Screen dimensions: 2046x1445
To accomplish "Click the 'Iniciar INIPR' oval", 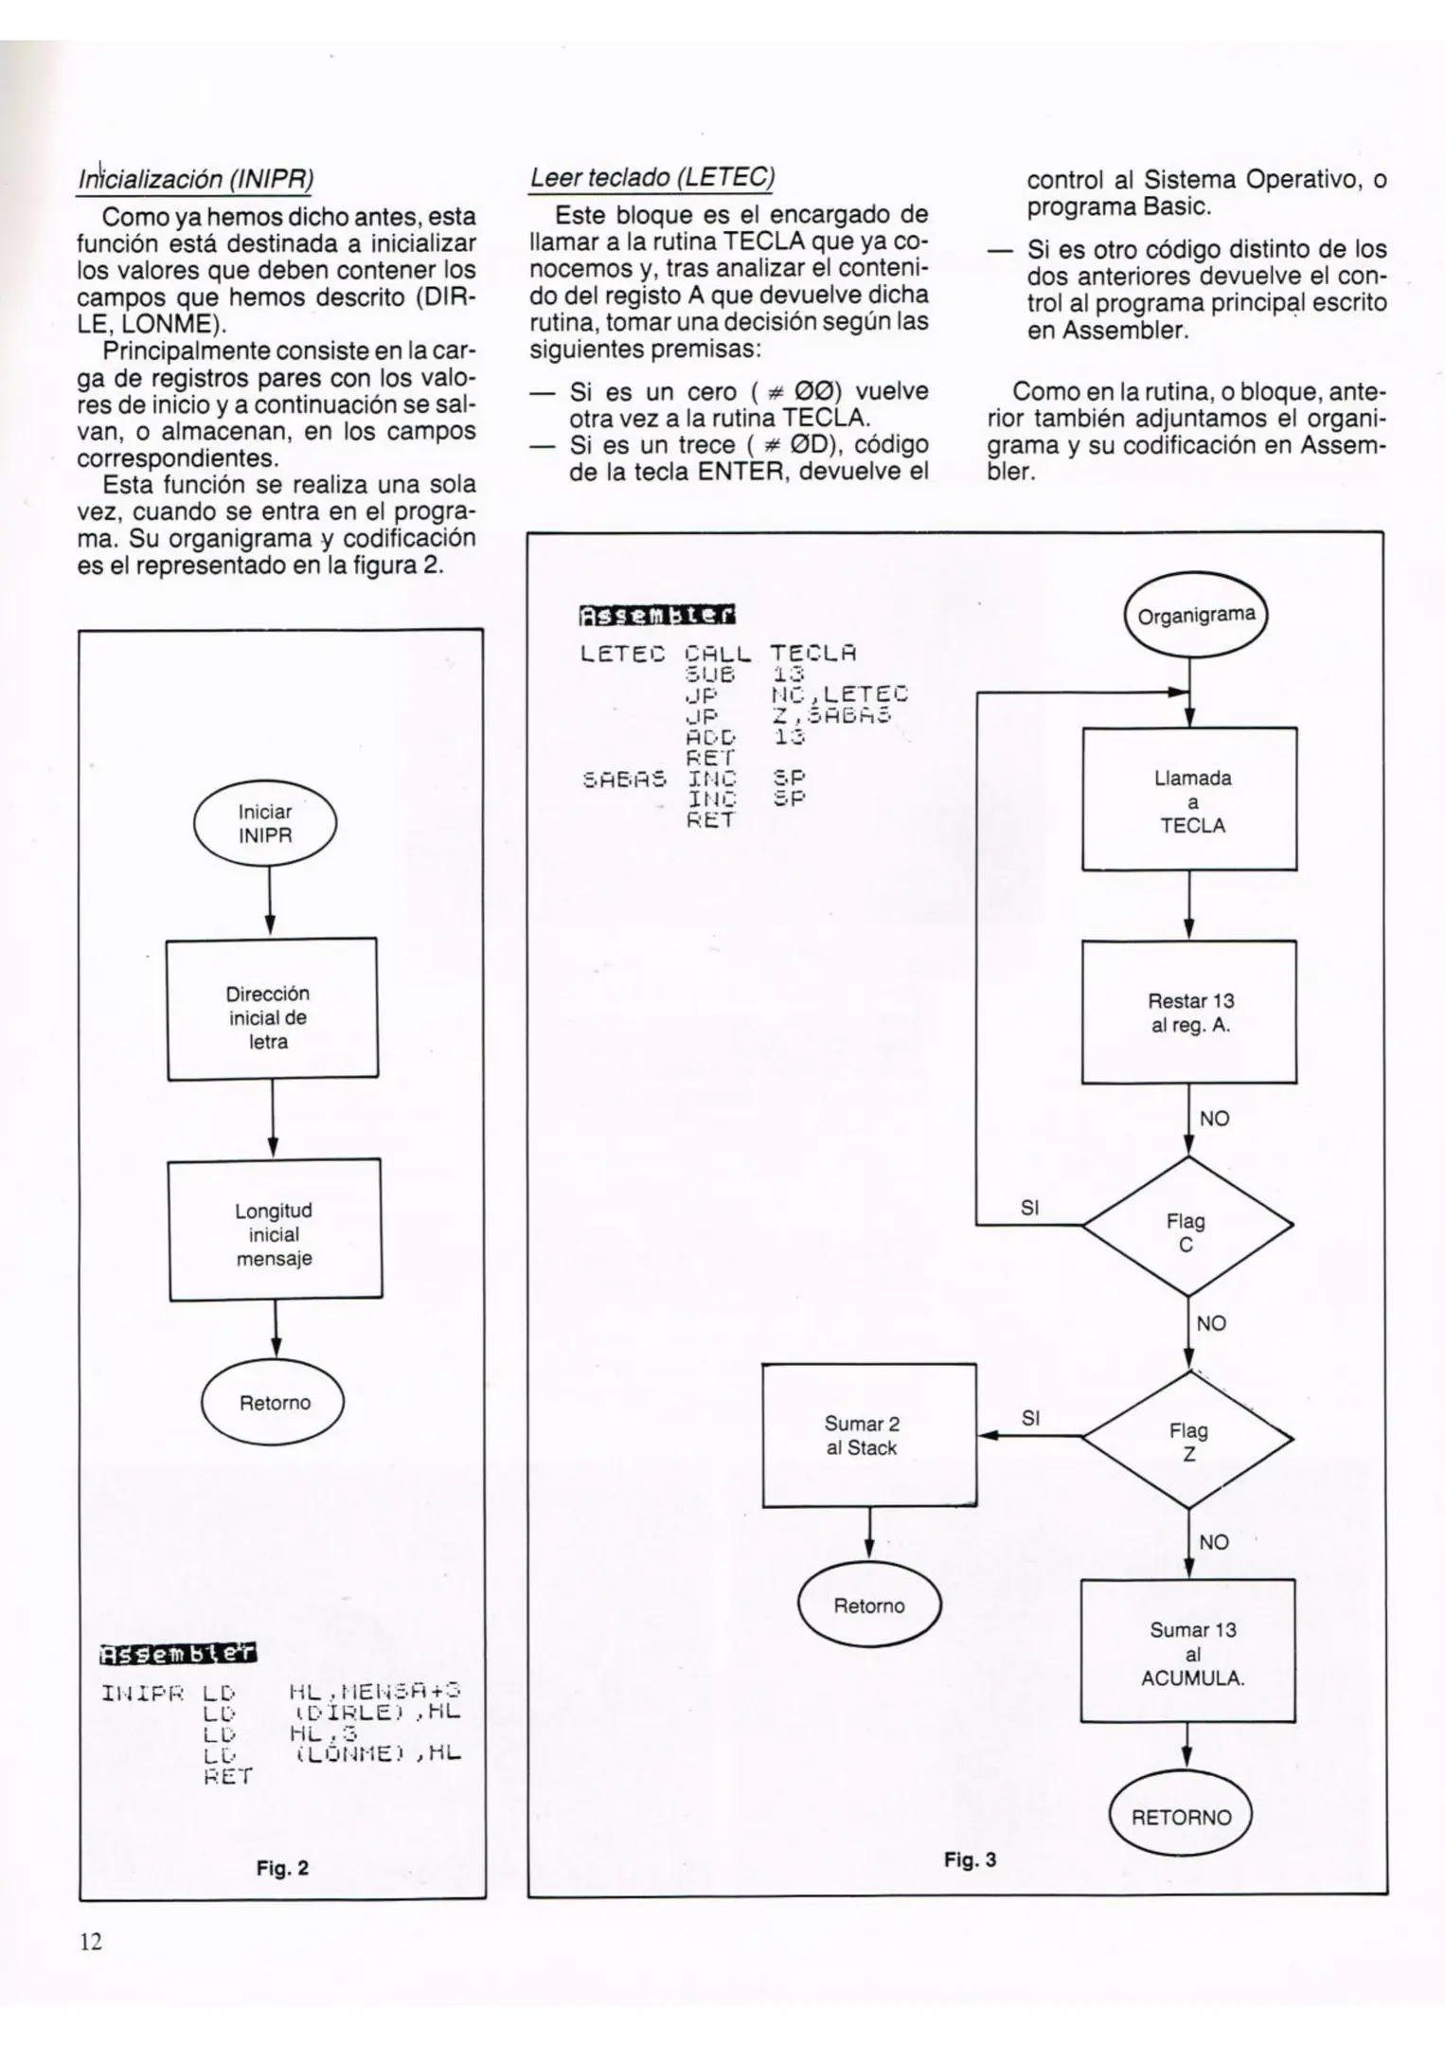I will (x=265, y=824).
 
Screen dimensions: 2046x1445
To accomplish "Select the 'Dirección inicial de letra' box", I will (x=272, y=1010).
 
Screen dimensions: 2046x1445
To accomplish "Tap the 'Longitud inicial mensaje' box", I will (x=275, y=1230).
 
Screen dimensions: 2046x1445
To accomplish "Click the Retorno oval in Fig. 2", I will (x=274, y=1404).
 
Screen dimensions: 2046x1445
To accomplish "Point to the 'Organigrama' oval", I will (x=1196, y=616).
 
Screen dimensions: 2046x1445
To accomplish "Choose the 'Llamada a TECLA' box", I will (x=1190, y=799).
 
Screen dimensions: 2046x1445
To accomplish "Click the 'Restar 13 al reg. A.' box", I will (x=1189, y=1012).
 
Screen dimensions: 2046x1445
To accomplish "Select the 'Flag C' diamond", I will (x=1187, y=1226).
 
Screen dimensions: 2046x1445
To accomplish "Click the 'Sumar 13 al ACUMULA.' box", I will (x=1189, y=1651).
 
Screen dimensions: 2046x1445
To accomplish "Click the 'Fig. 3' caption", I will (x=970, y=1859).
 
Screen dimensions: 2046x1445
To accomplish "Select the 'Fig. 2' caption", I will (x=282, y=1868).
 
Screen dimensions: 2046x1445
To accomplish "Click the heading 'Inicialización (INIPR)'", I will (x=196, y=178).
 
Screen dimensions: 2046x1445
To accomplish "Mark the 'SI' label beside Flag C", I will (x=1030, y=1208).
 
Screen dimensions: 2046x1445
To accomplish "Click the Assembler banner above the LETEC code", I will (x=657, y=616).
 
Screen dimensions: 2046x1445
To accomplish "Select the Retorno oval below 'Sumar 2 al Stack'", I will (x=868, y=1606).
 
